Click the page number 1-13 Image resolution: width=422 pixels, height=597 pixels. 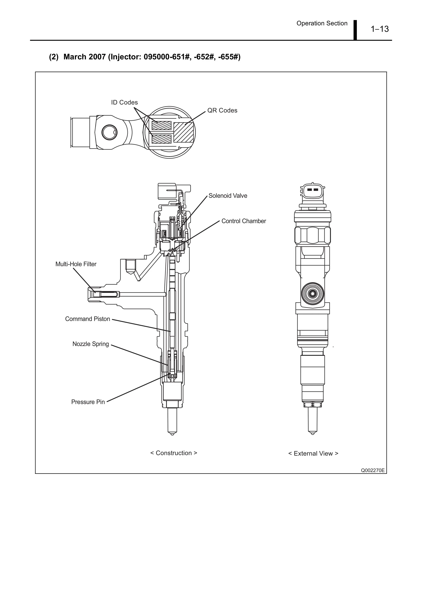pos(379,29)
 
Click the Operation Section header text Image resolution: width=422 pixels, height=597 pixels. pos(322,23)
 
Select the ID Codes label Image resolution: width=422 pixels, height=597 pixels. pos(124,102)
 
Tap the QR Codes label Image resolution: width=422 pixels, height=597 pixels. pos(222,110)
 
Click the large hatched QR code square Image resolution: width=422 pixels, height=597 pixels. pos(183,132)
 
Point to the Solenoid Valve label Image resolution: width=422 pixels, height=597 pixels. pos(228,196)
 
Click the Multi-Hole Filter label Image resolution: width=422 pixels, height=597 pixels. pos(76,264)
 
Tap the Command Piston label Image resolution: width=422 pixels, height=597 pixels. pos(87,319)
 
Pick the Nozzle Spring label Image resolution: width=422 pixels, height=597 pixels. pos(90,344)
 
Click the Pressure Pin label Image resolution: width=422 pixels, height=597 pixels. pos(88,402)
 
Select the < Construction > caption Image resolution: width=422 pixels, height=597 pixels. pos(174,453)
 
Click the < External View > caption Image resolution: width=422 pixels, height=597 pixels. pos(313,454)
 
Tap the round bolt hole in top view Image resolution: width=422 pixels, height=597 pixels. pos(109,132)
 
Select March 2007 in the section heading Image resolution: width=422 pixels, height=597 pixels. pos(84,57)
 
